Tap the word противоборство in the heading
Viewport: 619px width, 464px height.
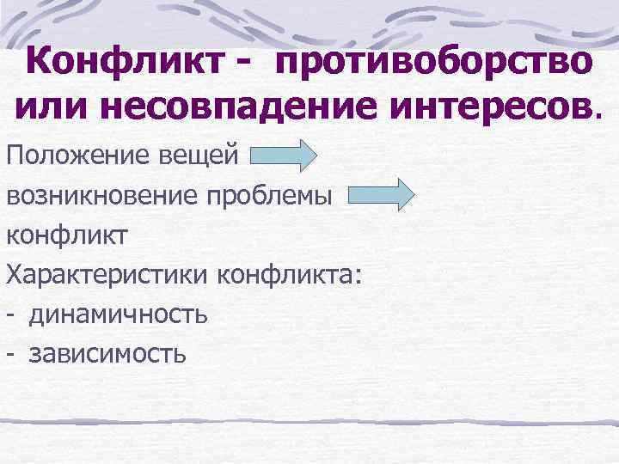coord(434,62)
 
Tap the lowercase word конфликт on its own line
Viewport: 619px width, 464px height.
coord(66,235)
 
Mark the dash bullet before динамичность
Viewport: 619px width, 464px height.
coord(12,314)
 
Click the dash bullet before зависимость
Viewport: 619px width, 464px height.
coord(12,353)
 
